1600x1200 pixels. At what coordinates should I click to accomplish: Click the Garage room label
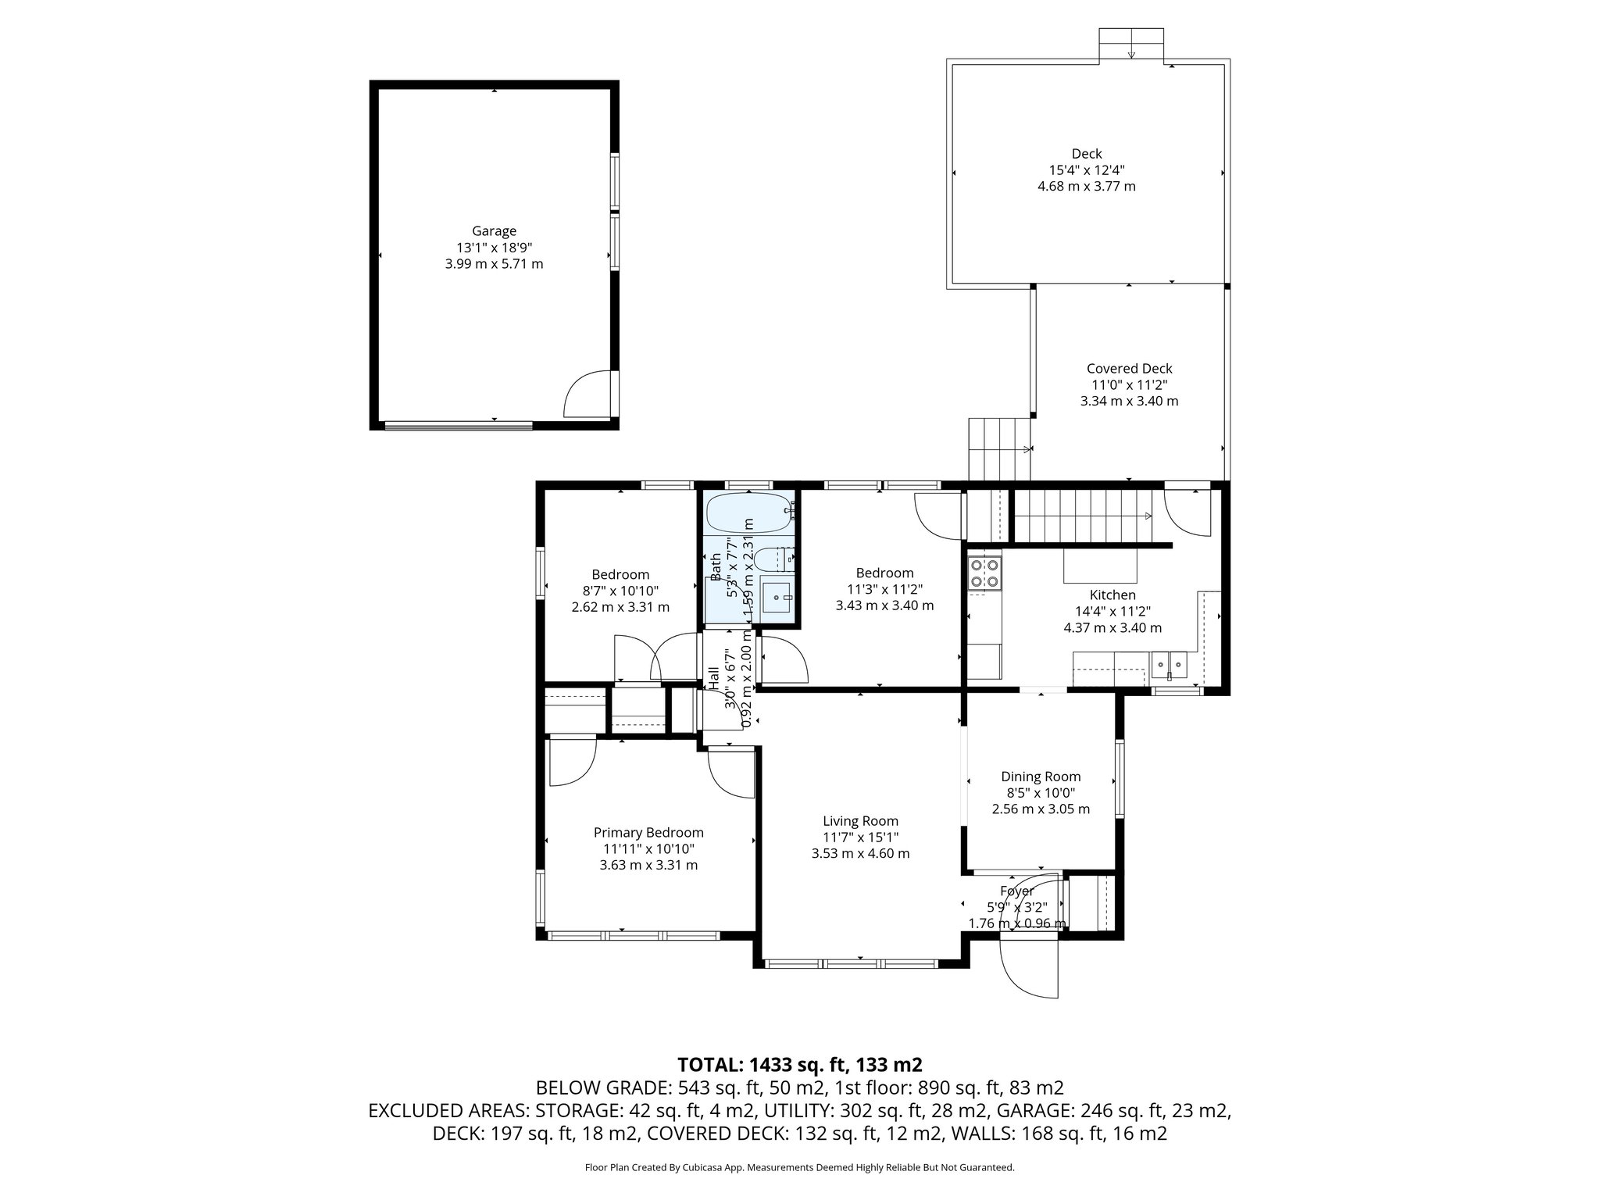tap(494, 231)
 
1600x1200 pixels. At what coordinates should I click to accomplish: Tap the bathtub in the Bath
tap(749, 512)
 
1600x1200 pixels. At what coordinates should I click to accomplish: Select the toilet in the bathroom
tap(774, 559)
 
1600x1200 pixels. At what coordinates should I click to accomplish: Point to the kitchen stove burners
tap(984, 573)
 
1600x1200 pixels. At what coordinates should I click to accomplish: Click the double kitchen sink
tap(1169, 665)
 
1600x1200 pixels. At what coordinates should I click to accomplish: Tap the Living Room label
tap(860, 821)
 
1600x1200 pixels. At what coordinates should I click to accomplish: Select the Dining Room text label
tap(1041, 777)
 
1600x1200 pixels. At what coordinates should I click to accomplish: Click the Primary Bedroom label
tap(648, 833)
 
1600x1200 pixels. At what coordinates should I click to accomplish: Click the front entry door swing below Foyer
tap(1030, 965)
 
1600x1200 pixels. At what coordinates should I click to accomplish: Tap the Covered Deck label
tap(1129, 369)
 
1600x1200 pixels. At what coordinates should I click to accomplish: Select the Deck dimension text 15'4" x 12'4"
tap(1087, 170)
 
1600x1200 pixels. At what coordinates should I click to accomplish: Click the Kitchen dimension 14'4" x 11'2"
tap(1112, 611)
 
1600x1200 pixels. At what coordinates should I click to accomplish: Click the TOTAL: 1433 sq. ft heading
tap(800, 1064)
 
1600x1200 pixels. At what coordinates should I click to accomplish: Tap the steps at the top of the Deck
tap(1131, 44)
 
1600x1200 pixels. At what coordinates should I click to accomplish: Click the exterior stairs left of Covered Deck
tap(1001, 449)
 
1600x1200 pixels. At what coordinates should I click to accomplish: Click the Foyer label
tap(1016, 891)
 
